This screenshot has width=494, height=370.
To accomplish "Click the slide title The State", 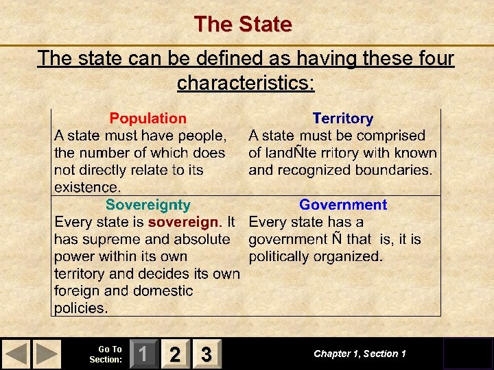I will point(243,25).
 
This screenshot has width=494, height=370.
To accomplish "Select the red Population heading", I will point(148,119).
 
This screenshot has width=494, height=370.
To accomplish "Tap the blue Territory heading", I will point(342,119).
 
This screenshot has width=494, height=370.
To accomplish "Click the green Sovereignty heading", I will point(148,205).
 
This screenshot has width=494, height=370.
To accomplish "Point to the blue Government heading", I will point(342,205).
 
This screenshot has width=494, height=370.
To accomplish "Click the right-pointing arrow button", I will point(47,354).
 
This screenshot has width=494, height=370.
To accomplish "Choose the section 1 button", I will point(143,354).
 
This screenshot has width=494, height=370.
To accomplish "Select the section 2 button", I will point(175,354).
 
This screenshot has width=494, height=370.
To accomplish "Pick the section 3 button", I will point(206,354).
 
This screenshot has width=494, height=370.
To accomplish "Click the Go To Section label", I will point(106,354).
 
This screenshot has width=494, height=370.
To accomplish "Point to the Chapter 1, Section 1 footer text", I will point(360,354).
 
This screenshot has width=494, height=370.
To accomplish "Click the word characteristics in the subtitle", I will point(245,83).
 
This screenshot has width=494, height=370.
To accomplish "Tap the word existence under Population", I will point(86,187).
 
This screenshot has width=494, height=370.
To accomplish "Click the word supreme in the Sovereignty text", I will point(113,239).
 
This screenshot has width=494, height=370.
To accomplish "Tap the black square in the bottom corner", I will point(467,354).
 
